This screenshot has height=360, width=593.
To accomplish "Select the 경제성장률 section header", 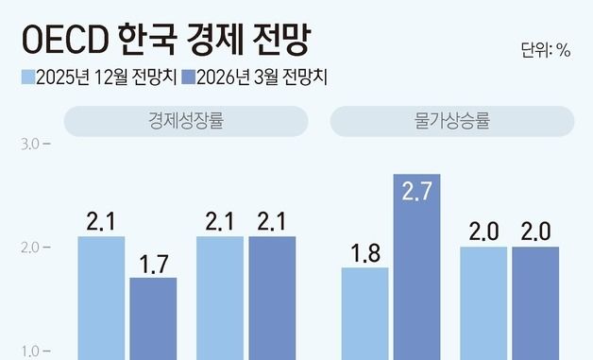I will point(186,121).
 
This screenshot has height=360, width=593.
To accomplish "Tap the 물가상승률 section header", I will point(451,121).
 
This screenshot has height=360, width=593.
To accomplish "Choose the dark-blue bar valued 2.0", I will point(535,302).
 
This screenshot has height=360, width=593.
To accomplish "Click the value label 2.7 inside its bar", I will point(417,192).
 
